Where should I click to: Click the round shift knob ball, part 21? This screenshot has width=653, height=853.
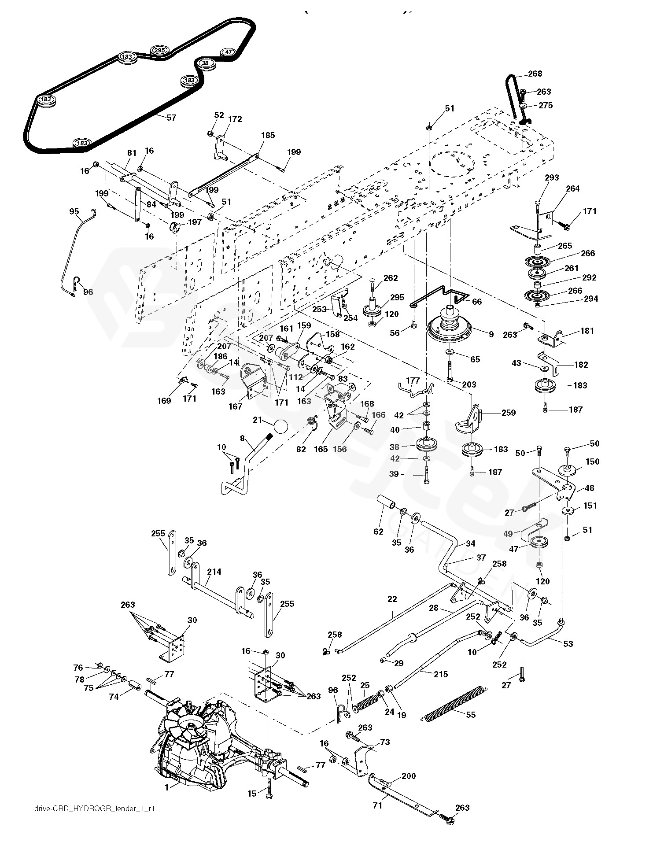coord(280,427)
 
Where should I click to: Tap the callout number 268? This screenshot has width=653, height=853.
coord(535,74)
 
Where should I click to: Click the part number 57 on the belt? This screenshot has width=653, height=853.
coord(171,118)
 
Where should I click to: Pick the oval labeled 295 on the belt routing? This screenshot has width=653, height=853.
coord(159,50)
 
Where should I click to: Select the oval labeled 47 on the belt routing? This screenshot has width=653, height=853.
coord(228,52)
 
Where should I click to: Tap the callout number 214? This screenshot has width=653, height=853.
coord(214,572)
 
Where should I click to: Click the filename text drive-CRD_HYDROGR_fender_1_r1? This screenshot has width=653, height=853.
coord(94,809)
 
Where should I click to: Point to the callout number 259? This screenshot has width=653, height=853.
coord(508,413)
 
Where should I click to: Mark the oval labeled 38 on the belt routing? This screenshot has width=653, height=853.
coord(205,63)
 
